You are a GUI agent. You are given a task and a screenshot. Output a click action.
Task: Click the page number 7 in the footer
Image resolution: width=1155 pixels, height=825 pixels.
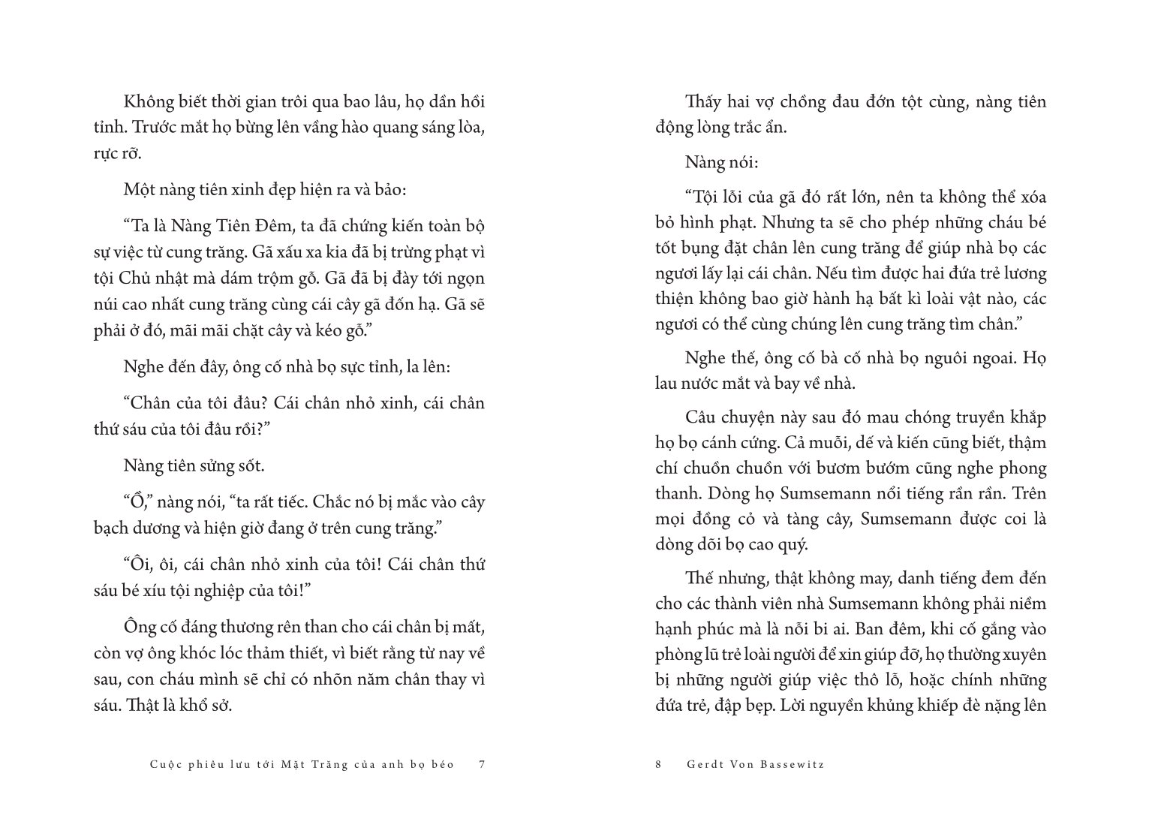tap(483, 764)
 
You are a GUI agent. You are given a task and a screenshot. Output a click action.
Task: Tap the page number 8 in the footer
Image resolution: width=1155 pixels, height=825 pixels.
tap(658, 764)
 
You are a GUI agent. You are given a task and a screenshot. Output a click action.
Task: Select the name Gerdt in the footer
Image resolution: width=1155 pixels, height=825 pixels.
tap(703, 764)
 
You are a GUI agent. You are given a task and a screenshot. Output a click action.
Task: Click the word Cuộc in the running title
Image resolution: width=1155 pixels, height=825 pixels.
tap(166, 764)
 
